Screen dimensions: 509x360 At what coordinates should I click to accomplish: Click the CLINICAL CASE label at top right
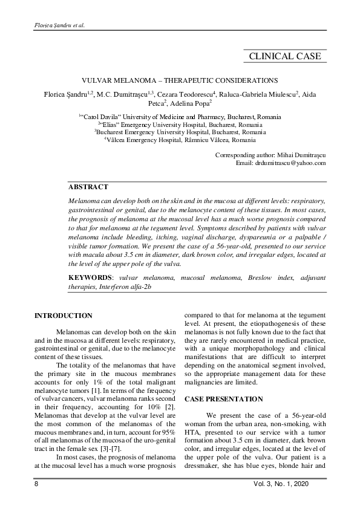pos(285,57)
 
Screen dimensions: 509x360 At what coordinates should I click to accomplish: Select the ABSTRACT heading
pos(88,187)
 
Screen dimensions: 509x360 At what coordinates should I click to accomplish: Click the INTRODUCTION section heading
pos(64,316)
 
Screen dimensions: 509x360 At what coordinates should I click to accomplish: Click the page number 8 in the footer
pos(36,487)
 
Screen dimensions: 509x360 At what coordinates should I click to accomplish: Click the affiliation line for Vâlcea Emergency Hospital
pos(182,138)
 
